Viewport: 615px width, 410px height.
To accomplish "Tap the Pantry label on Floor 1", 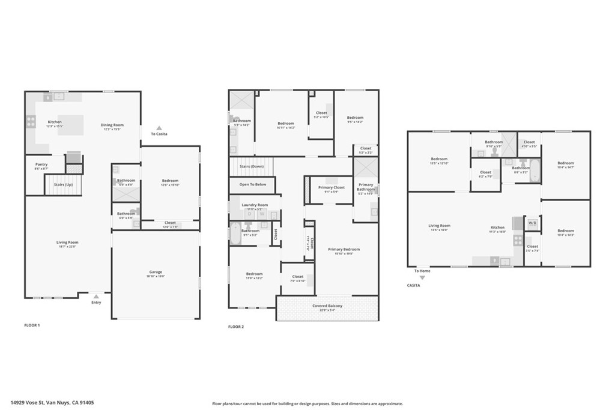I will (41, 164).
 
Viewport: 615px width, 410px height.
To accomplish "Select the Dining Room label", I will (112, 125).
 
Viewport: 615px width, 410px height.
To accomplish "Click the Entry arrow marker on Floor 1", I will (96, 296).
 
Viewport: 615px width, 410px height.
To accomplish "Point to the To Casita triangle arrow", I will (159, 128).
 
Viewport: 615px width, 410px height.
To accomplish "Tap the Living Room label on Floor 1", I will (68, 243).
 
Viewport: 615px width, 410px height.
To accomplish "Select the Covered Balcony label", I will (327, 306).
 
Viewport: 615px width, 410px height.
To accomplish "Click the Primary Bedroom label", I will (344, 249).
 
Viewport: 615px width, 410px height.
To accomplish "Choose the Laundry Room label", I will (255, 205).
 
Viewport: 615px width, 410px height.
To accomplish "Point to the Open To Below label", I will (252, 184).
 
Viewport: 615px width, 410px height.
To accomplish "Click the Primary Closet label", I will (331, 188).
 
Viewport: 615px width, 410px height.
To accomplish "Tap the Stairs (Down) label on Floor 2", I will (252, 166).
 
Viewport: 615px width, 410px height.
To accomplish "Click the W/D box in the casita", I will (532, 223).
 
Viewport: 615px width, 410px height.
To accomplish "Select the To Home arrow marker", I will (422, 277).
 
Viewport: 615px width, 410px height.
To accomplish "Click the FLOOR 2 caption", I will (236, 327).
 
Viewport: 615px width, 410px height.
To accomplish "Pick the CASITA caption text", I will (414, 286).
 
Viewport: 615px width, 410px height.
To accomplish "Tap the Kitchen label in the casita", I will (497, 228).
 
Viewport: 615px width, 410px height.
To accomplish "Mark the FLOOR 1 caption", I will (31, 325).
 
